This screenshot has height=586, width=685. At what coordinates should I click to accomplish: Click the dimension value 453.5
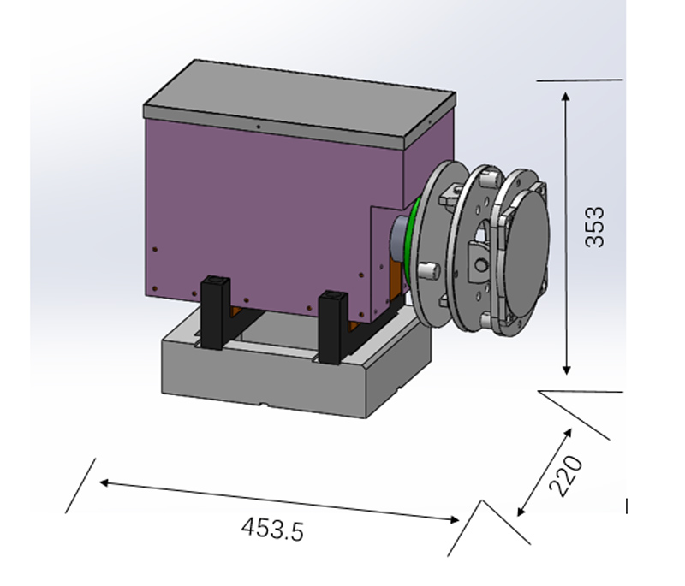(271, 529)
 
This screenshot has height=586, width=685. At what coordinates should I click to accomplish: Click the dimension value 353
(594, 227)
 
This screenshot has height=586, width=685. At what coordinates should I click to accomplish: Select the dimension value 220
(566, 476)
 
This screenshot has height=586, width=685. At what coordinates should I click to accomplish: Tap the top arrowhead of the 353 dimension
(566, 98)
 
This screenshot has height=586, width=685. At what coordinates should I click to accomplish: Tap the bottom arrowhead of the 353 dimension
(567, 370)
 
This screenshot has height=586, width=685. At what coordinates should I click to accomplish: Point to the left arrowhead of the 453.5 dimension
(104, 482)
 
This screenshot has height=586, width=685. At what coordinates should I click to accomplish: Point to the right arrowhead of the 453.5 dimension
(454, 519)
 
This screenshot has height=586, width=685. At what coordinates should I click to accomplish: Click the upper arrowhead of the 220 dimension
(568, 434)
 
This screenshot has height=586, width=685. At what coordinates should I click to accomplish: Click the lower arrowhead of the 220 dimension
(521, 511)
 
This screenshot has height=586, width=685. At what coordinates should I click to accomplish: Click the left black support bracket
(215, 312)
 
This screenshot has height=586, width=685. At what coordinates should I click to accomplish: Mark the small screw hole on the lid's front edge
(259, 127)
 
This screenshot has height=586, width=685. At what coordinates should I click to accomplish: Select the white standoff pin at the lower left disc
(428, 269)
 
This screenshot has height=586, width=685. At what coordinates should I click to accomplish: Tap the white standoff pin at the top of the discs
(488, 179)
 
